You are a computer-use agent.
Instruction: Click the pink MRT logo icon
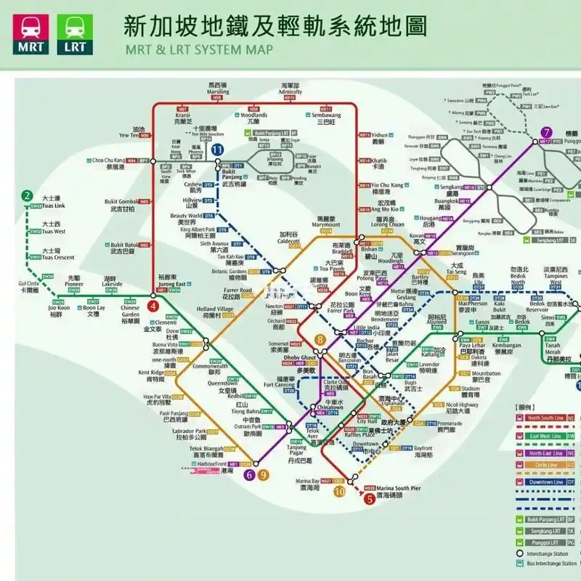tap(30, 34)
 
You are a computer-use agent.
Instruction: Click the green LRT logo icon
tap(74, 34)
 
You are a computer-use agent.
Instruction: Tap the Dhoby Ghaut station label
tap(299, 359)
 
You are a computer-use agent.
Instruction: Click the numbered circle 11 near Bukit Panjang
tap(218, 150)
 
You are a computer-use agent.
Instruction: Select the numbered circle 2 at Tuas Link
tap(27, 195)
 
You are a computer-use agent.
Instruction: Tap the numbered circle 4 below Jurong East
tap(153, 306)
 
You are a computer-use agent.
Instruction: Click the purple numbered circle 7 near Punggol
tap(545, 132)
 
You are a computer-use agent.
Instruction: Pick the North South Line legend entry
tap(545, 418)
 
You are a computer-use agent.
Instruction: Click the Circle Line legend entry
tap(545, 465)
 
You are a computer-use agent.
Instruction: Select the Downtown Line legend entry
tap(545, 482)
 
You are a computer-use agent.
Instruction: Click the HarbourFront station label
tap(211, 463)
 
